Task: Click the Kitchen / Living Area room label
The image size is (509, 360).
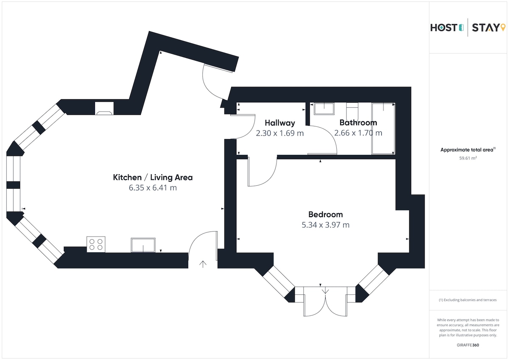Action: [153, 177]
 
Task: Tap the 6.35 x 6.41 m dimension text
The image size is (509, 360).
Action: [153, 188]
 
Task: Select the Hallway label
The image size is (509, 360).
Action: [280, 123]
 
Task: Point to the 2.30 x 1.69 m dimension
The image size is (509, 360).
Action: [280, 133]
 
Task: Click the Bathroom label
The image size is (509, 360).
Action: [358, 123]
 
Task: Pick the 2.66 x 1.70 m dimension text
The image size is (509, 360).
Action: [358, 133]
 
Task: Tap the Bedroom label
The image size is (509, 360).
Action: [325, 215]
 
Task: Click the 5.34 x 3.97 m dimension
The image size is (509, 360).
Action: [325, 225]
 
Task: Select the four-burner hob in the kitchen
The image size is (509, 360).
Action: [96, 244]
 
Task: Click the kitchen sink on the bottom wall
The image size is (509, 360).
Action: [143, 245]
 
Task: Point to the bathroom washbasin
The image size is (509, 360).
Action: [324, 109]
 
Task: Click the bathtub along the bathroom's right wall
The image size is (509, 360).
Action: [383, 128]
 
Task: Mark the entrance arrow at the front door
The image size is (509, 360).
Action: [203, 264]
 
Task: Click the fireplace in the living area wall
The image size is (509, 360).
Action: [104, 109]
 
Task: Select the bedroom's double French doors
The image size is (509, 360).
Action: [325, 301]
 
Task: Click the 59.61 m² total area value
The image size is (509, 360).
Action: [468, 158]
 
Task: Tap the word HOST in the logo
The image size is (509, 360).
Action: [443, 28]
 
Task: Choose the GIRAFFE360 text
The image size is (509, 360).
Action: [468, 345]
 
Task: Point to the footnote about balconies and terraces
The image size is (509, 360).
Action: [467, 300]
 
